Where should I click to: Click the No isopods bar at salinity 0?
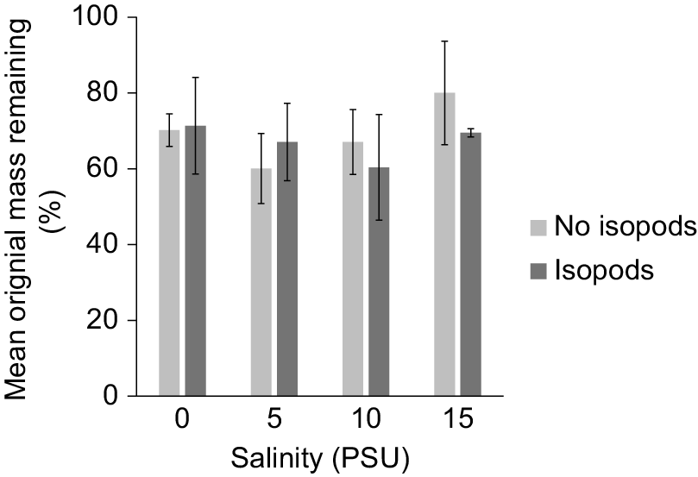(169, 263)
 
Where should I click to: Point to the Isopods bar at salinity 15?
(470, 264)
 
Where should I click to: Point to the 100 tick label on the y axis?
(97, 17)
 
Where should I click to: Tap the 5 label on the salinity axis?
(274, 418)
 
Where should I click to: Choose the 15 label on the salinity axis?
(457, 418)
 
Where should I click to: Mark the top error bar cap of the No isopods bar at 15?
(444, 41)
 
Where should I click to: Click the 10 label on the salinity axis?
(366, 418)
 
